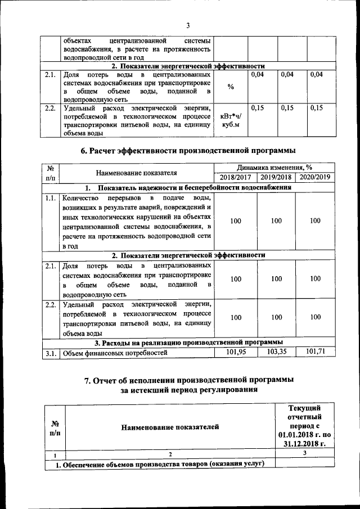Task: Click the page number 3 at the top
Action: [x=188, y=25]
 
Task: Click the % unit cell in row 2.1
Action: [x=231, y=87]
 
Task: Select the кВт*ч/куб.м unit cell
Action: [x=231, y=120]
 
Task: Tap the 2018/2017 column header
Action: [x=236, y=177]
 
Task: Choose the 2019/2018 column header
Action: [x=276, y=177]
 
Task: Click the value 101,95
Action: [x=236, y=352]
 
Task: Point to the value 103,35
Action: [x=276, y=352]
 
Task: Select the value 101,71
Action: [x=315, y=352]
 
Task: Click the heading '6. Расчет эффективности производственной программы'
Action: [x=188, y=150]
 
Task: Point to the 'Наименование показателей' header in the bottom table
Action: [x=170, y=429]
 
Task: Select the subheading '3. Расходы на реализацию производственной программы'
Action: [x=188, y=342]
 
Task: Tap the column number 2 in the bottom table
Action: [x=170, y=454]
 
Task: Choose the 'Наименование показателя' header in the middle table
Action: [x=137, y=172]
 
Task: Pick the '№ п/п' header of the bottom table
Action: [x=56, y=429]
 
